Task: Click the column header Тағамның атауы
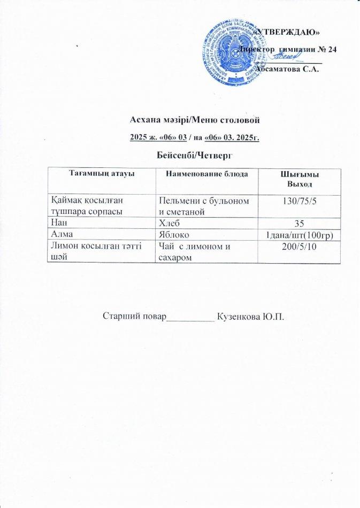[101, 175]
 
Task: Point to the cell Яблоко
[174, 234]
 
